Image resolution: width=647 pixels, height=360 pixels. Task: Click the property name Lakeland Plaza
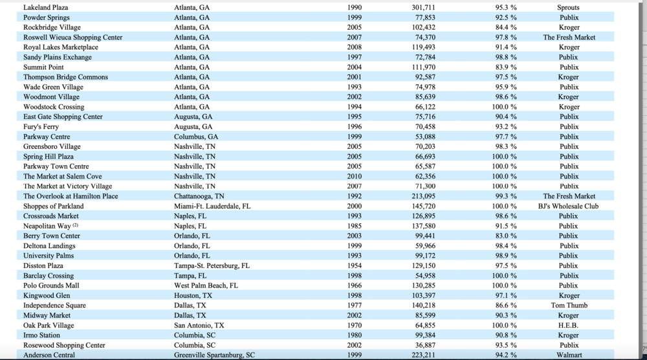tap(45, 7)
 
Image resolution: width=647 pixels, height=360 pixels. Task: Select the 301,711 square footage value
tap(423, 7)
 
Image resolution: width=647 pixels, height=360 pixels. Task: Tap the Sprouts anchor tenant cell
tap(568, 7)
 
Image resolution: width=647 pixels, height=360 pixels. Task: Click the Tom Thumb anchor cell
tap(569, 305)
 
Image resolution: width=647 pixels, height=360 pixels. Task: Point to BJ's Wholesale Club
tap(568, 206)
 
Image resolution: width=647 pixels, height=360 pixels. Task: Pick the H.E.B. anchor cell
tap(568, 325)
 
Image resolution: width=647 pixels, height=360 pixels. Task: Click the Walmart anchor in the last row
tap(569, 355)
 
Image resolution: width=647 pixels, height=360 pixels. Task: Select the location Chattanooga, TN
tap(199, 196)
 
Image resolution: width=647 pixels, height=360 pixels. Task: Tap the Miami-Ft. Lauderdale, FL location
tap(212, 206)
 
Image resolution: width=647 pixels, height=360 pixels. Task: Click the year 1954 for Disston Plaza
tap(355, 265)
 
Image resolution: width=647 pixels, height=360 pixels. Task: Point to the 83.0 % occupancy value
tap(506, 236)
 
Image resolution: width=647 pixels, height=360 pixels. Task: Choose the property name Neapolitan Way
tap(47, 226)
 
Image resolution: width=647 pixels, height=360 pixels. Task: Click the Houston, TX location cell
tap(193, 295)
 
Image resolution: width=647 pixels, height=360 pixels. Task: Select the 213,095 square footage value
tap(423, 196)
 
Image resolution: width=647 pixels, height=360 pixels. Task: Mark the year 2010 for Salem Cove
tap(355, 176)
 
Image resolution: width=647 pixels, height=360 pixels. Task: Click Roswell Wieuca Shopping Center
tap(72, 37)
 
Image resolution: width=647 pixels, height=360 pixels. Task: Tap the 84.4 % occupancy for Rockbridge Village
tap(506, 27)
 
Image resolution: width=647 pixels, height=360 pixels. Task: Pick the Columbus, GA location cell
tap(196, 137)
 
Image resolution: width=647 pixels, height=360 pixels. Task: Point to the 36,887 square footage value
tap(425, 344)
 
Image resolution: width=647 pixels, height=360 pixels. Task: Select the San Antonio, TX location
tap(199, 325)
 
